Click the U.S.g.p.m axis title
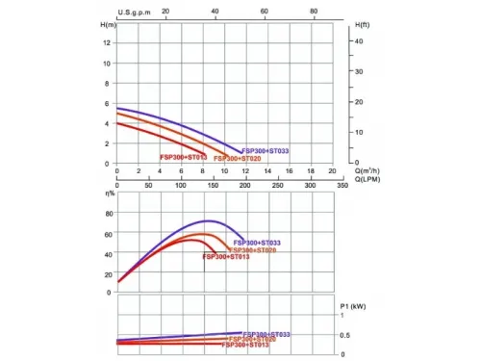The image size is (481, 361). click(x=135, y=13)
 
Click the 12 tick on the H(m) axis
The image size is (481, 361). click(x=108, y=43)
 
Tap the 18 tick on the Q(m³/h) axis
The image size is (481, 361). click(x=311, y=171)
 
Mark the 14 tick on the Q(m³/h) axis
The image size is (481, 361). click(x=267, y=171)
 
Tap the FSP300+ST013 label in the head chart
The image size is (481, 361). click(x=183, y=157)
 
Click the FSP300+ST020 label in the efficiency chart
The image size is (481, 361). click(x=252, y=250)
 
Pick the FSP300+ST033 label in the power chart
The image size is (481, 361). click(x=266, y=334)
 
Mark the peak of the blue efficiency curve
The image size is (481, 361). click(x=207, y=221)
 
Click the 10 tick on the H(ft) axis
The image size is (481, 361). click(x=359, y=132)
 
